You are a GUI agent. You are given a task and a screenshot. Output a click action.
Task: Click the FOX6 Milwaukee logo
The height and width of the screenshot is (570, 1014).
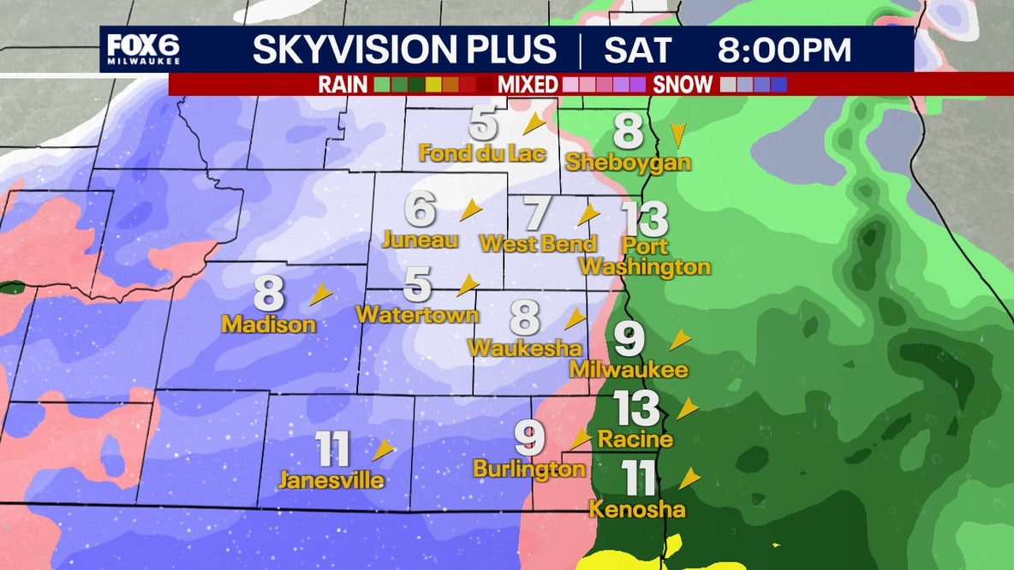(x=143, y=50)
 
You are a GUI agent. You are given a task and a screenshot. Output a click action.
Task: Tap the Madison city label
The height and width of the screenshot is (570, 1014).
(x=269, y=325)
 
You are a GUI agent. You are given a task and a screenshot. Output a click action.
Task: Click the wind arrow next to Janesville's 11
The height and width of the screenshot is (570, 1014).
(x=383, y=448)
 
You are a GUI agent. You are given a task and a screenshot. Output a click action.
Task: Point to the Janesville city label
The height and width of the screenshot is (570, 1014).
(x=331, y=480)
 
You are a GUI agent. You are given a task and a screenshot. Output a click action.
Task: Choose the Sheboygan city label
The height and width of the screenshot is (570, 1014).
(x=629, y=163)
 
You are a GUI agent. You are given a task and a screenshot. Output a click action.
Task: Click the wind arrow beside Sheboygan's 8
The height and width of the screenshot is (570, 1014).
(x=677, y=134)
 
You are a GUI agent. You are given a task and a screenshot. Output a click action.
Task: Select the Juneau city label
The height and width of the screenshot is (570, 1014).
(x=420, y=239)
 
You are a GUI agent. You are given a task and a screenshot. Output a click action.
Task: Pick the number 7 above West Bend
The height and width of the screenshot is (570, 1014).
(x=535, y=213)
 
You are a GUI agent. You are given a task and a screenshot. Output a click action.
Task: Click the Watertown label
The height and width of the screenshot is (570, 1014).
(x=417, y=314)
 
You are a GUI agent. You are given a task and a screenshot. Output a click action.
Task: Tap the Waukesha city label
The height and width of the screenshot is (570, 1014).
(x=525, y=347)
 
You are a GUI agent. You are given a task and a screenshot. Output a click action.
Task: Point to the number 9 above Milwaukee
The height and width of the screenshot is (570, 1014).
(x=629, y=340)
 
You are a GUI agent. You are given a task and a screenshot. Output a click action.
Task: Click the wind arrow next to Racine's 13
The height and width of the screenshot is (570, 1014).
(x=687, y=408)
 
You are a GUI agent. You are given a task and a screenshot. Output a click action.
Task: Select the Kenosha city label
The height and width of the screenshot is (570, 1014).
(x=638, y=509)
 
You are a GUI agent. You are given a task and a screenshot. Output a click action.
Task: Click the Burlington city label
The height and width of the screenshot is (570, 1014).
(x=529, y=469)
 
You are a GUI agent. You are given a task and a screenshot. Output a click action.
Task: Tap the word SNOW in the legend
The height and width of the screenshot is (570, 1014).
(x=683, y=85)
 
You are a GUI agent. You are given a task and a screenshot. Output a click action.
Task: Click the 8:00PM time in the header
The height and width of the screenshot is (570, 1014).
(x=784, y=50)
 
